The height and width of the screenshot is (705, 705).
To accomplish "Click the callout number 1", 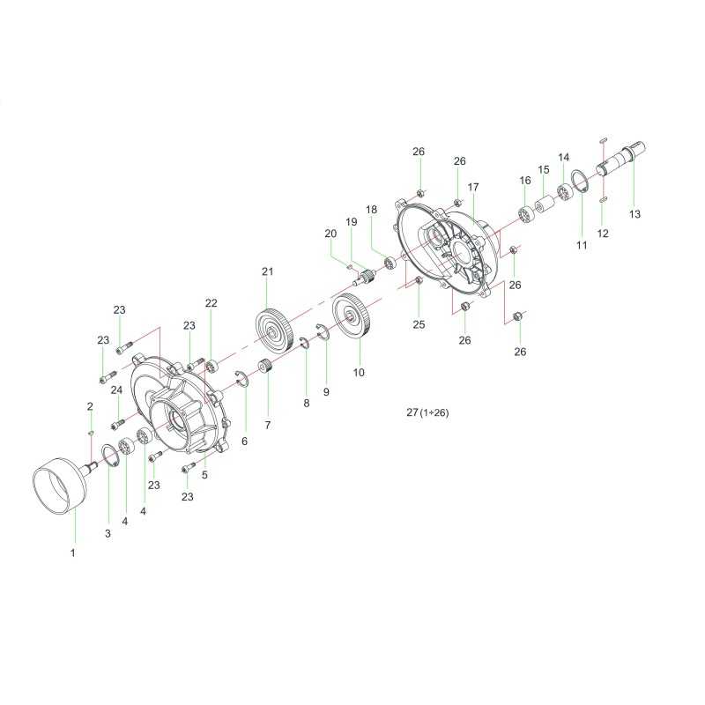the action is click(73, 553).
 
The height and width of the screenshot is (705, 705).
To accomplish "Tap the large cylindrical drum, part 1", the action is click(59, 484).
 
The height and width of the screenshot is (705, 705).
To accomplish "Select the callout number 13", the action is click(634, 214).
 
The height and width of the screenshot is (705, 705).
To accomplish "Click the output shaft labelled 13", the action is click(622, 160).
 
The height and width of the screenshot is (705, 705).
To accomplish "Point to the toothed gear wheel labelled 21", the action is click(275, 327).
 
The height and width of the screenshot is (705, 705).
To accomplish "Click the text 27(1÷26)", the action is click(427, 412).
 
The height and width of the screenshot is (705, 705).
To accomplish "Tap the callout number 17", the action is click(473, 187).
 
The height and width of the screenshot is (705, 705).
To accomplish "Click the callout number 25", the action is click(419, 324).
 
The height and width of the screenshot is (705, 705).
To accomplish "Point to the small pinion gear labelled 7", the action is click(266, 367).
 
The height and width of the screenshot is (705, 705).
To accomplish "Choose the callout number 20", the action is click(330, 234).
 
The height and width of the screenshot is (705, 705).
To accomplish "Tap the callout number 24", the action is click(116, 390).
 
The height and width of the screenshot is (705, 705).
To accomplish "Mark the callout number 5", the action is click(204, 475).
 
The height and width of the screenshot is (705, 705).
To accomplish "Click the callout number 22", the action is click(211, 303).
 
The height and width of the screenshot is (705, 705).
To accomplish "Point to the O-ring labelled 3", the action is click(110, 456).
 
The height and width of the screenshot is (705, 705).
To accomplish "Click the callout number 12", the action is click(603, 234).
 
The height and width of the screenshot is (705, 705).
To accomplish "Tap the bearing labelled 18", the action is click(389, 263).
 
